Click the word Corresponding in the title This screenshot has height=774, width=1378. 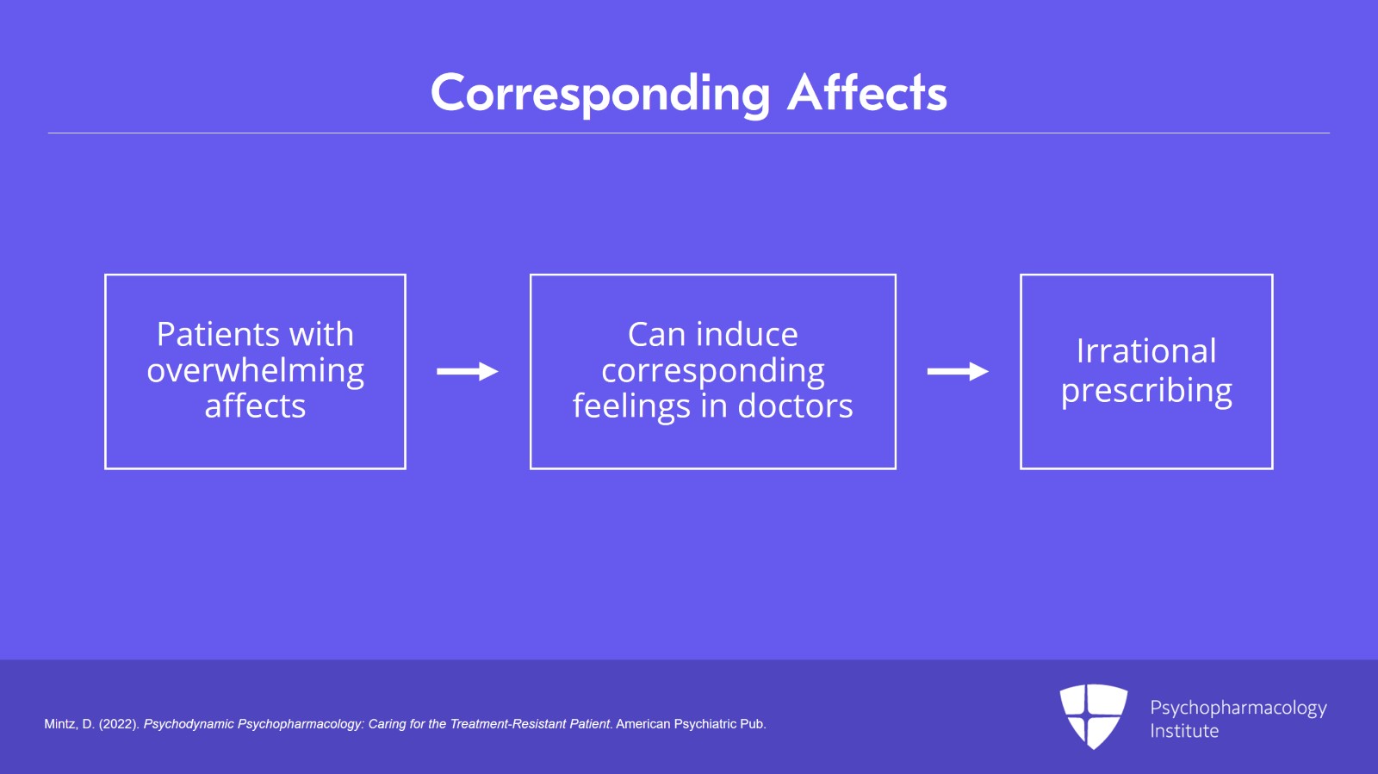click(x=600, y=95)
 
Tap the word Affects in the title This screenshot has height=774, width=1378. click(x=867, y=93)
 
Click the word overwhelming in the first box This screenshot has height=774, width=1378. click(x=255, y=371)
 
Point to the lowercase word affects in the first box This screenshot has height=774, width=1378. click(x=255, y=406)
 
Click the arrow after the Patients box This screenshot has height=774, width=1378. click(x=468, y=371)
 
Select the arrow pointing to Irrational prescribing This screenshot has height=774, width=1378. click(x=958, y=371)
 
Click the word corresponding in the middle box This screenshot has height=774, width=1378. click(x=713, y=371)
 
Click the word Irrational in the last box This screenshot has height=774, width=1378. click(x=1146, y=351)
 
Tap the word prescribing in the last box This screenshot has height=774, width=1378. click(x=1146, y=390)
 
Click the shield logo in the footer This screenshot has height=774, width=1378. click(x=1094, y=716)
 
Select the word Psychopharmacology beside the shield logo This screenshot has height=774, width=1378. click(x=1238, y=709)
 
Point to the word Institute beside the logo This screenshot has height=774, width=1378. click(x=1184, y=730)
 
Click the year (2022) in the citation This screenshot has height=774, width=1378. click(x=119, y=724)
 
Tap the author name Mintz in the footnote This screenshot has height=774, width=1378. click(x=61, y=724)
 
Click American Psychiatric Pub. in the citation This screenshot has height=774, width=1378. click(x=691, y=724)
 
